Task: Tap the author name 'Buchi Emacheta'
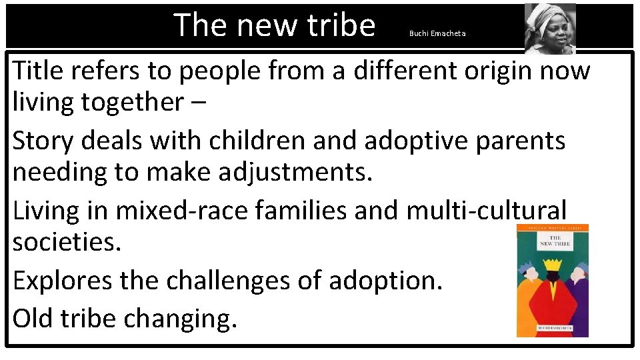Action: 437,33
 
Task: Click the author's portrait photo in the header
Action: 550,29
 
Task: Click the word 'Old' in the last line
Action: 33,318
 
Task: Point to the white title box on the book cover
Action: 555,241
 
